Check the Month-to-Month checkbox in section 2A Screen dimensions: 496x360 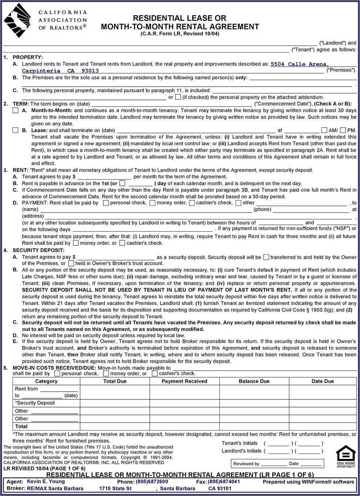click(x=16, y=110)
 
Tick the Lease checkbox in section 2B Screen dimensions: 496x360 click(x=16, y=130)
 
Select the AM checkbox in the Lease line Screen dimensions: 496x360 click(x=324, y=130)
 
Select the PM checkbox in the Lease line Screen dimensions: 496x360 click(x=343, y=130)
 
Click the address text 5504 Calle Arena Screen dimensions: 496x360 click(x=300, y=64)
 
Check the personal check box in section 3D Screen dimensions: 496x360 click(x=106, y=203)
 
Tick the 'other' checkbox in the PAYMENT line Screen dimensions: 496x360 click(x=239, y=203)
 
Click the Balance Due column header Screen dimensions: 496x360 click(x=254, y=381)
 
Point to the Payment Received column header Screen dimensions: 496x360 click(x=184, y=381)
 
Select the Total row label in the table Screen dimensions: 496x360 click(x=21, y=426)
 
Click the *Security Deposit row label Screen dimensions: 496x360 click(x=35, y=403)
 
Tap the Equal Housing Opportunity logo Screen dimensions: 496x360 click(x=346, y=456)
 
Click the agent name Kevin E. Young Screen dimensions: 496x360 click(x=46, y=482)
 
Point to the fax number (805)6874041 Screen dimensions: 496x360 click(x=224, y=482)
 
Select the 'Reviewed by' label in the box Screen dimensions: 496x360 click(x=246, y=464)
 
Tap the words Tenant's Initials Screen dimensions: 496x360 click(x=240, y=443)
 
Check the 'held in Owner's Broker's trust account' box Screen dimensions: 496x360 click(x=71, y=264)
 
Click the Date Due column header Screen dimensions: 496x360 click(x=323, y=381)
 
